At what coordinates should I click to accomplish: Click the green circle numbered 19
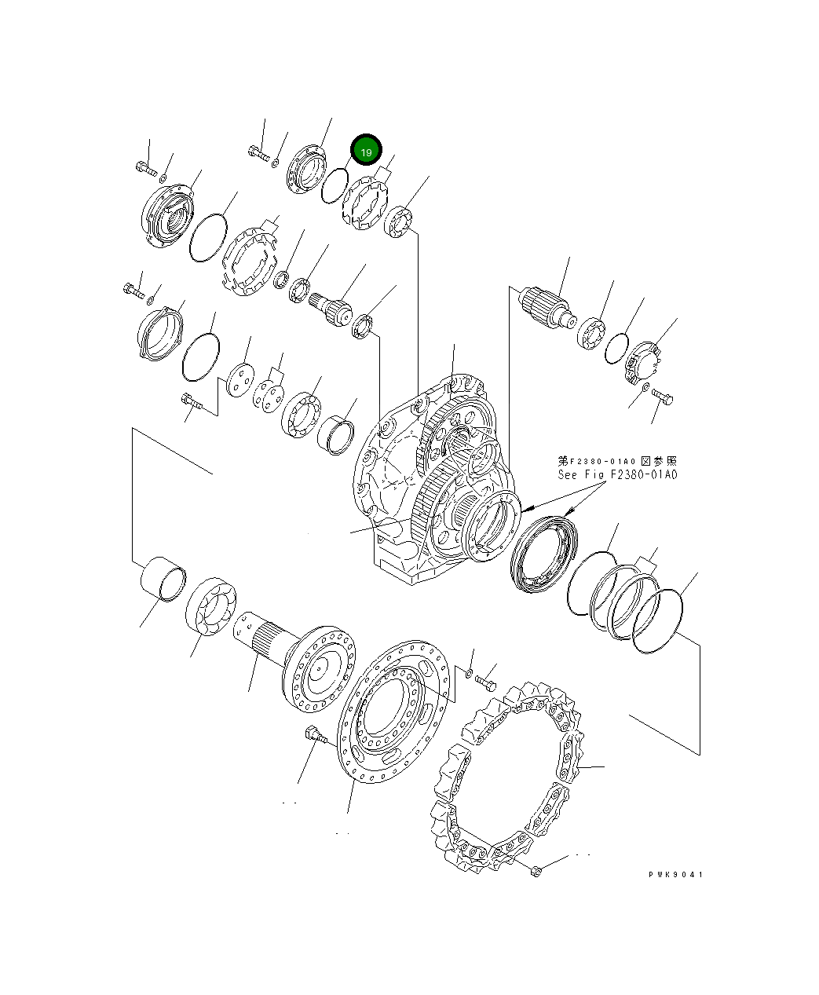tap(366, 151)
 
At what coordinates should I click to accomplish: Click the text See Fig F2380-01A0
tap(617, 475)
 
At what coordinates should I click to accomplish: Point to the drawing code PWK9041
tap(675, 874)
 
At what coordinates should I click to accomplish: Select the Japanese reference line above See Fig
tap(617, 461)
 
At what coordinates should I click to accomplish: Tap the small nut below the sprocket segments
tap(536, 870)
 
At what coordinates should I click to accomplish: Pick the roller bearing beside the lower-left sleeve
tap(212, 605)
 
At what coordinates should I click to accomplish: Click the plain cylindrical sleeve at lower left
tap(163, 580)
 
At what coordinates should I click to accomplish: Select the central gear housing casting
tap(432, 479)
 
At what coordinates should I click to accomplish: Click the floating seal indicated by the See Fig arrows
tap(543, 552)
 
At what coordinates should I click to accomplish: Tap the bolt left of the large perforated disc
tap(313, 736)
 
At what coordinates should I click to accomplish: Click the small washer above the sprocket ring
tap(470, 673)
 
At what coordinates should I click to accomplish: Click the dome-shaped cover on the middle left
tap(159, 335)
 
